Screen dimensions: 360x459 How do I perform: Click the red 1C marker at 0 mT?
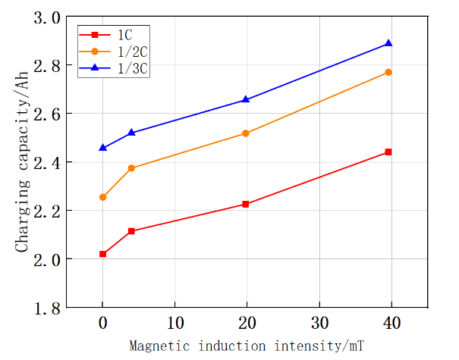click(102, 254)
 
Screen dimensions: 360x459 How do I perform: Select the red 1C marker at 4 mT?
click(131, 231)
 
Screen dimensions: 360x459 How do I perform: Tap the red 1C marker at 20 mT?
click(245, 205)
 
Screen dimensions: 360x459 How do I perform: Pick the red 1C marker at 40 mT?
click(388, 152)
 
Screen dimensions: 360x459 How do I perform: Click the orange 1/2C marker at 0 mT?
click(102, 197)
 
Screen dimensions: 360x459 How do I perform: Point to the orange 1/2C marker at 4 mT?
click(131, 168)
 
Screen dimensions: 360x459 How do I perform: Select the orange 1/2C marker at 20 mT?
click(245, 133)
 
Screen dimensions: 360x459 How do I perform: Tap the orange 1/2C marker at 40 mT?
click(388, 72)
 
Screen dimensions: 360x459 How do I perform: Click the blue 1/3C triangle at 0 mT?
click(102, 148)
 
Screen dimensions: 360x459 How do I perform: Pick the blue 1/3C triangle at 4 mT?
click(131, 133)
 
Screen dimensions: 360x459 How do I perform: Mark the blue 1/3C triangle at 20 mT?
click(245, 99)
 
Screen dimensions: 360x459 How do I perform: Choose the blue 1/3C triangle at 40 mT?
click(388, 43)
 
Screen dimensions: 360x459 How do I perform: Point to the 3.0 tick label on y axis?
click(48, 17)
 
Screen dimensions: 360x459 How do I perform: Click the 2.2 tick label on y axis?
click(48, 211)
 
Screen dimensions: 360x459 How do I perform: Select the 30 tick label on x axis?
click(319, 321)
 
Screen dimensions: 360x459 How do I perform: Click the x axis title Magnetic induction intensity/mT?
click(247, 346)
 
